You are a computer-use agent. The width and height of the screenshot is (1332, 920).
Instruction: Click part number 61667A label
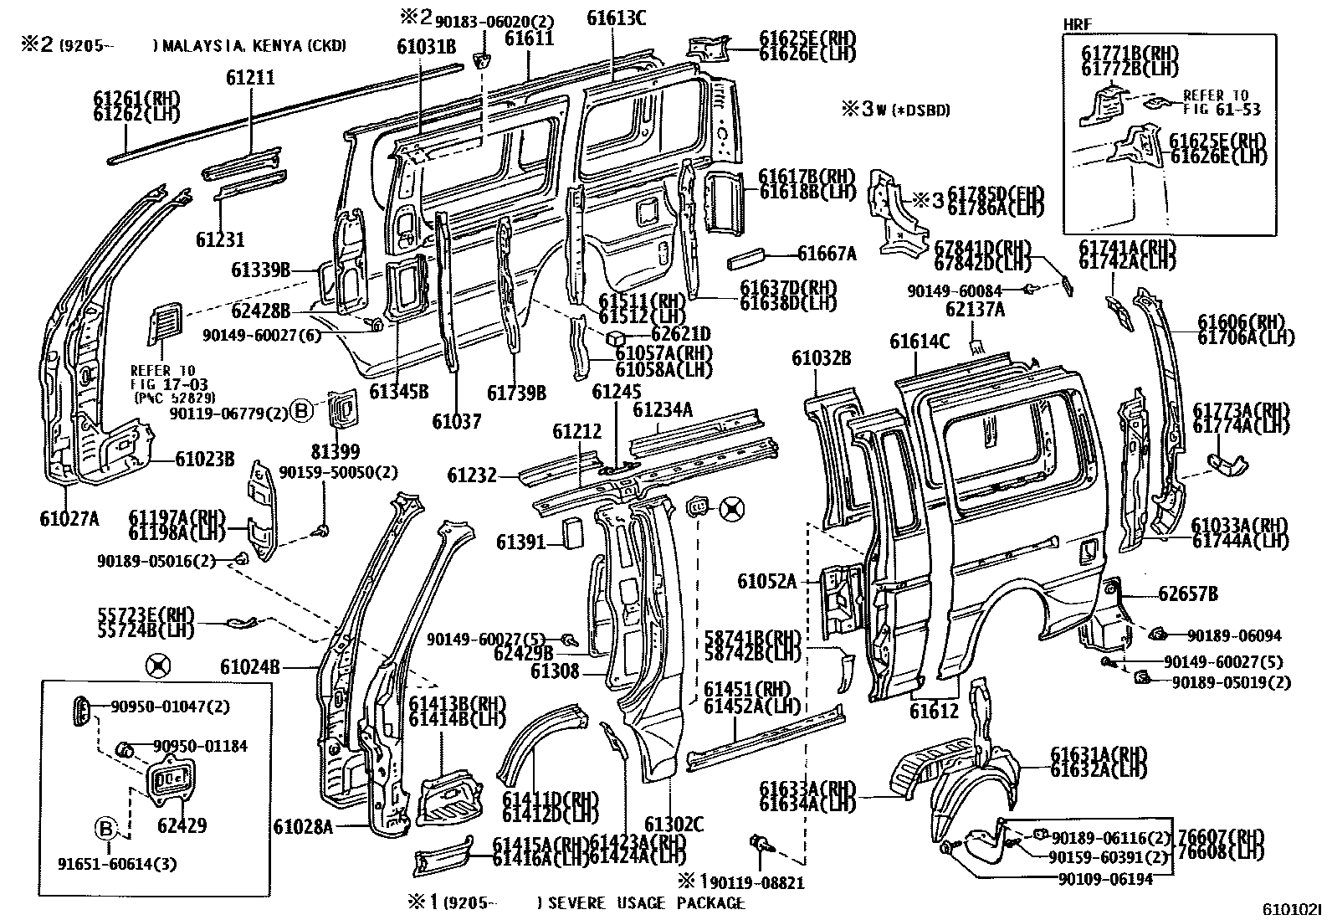point(827,254)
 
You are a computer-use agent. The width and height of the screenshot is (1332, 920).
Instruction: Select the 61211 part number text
point(250,78)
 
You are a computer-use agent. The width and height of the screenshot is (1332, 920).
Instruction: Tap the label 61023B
point(205,459)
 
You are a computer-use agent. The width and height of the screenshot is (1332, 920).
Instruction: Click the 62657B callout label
point(1188,594)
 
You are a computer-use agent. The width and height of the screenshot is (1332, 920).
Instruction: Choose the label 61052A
point(766,580)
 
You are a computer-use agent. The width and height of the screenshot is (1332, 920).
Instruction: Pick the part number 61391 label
point(520,543)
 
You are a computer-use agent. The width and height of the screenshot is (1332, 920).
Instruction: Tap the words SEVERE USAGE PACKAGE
point(645,902)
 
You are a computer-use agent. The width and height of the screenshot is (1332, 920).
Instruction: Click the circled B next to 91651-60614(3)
point(105,829)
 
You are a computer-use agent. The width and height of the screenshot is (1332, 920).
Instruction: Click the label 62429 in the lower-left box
point(182,825)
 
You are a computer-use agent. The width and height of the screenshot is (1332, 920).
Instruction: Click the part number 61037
point(457,421)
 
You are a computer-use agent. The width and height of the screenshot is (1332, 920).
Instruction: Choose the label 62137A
point(975,309)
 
